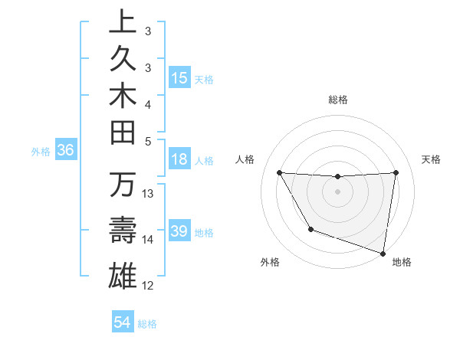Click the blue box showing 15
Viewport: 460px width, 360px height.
click(179, 78)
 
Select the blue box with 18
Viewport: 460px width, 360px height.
click(179, 159)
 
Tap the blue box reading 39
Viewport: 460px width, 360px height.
click(179, 231)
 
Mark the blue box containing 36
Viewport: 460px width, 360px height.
click(66, 150)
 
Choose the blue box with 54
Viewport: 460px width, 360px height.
click(122, 322)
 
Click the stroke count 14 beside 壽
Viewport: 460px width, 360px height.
click(148, 240)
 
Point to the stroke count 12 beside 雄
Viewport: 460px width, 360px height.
click(148, 286)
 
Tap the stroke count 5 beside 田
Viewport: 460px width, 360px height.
click(148, 140)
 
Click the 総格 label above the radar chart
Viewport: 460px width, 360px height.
click(338, 100)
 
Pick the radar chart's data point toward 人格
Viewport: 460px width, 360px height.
click(279, 172)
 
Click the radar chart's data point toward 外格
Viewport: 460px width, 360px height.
click(310, 229)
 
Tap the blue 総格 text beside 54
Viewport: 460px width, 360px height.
click(147, 323)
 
